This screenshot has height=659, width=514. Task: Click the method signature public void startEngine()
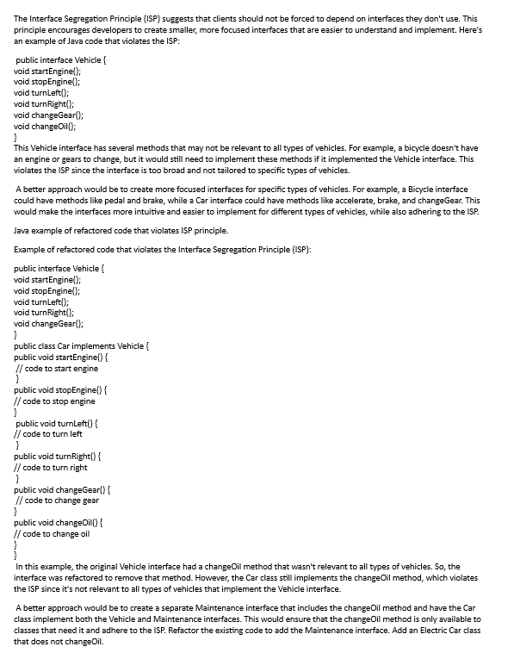tap(60, 357)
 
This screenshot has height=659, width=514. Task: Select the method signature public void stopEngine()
tap(60, 390)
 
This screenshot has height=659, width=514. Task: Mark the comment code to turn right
tap(58, 468)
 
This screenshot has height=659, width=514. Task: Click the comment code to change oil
tap(55, 533)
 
